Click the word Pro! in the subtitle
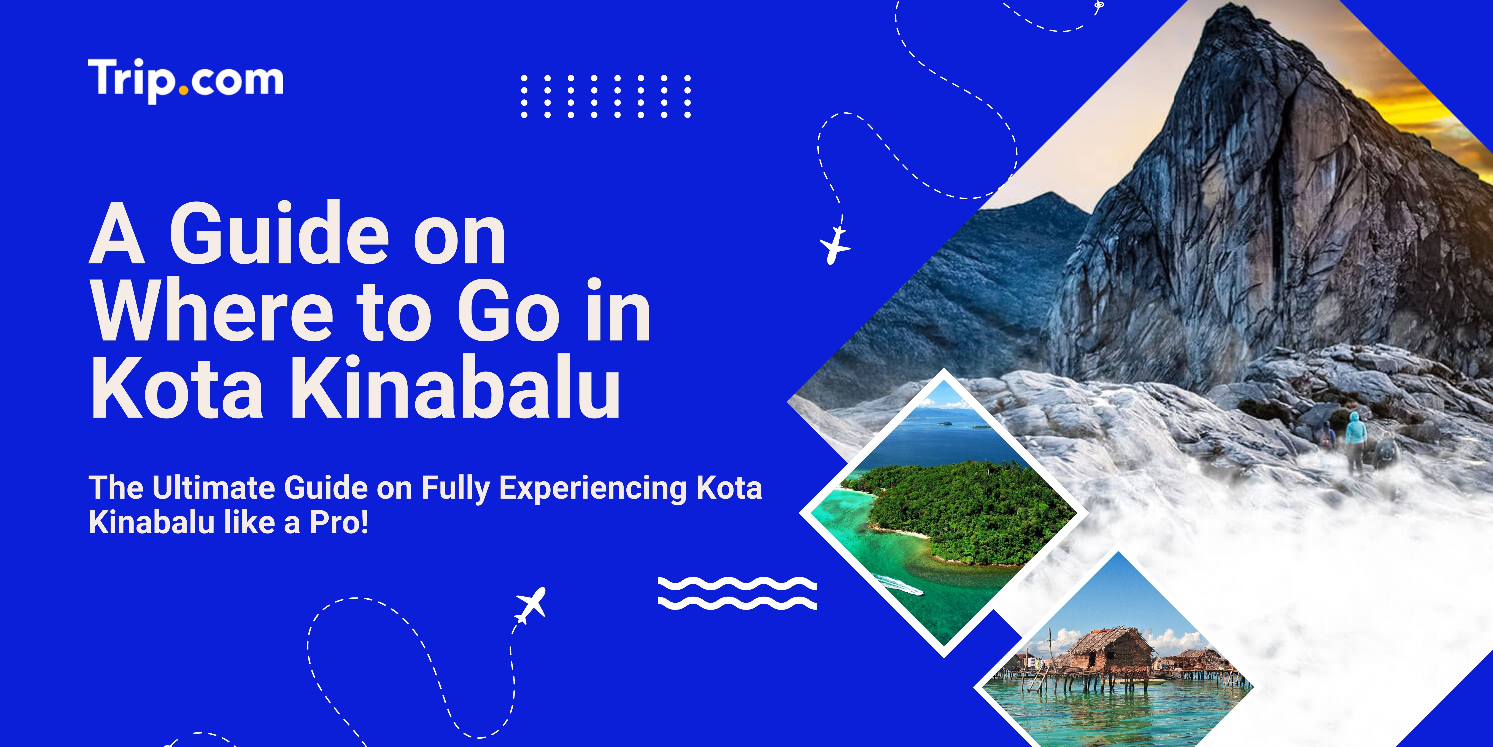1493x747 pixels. [x=339, y=522]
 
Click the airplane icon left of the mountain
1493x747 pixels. [x=835, y=245]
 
